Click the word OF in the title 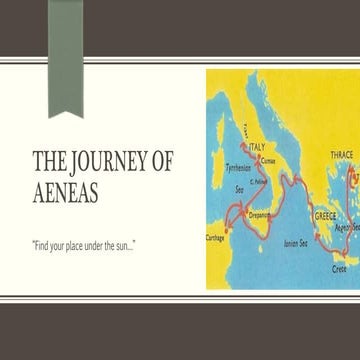[x=159, y=161]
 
